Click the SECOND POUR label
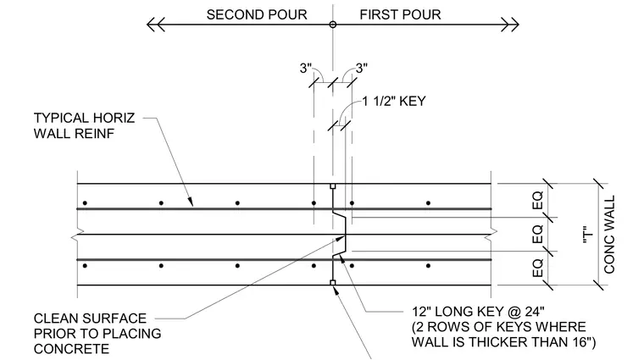257,14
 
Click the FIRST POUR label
400,14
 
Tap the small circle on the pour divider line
333,25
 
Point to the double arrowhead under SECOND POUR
156,25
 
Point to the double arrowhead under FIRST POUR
510,25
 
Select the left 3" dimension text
306,68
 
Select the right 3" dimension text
362,68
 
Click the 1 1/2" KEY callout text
394,101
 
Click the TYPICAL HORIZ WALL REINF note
84,125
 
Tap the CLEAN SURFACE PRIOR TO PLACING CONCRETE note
97,334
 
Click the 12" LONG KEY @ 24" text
478,311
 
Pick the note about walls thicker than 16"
503,334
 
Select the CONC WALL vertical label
609,235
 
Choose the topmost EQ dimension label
537,200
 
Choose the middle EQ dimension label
537,234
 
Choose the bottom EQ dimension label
537,268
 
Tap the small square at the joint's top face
333,186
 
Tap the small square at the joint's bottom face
333,282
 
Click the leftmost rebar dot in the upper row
85,202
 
